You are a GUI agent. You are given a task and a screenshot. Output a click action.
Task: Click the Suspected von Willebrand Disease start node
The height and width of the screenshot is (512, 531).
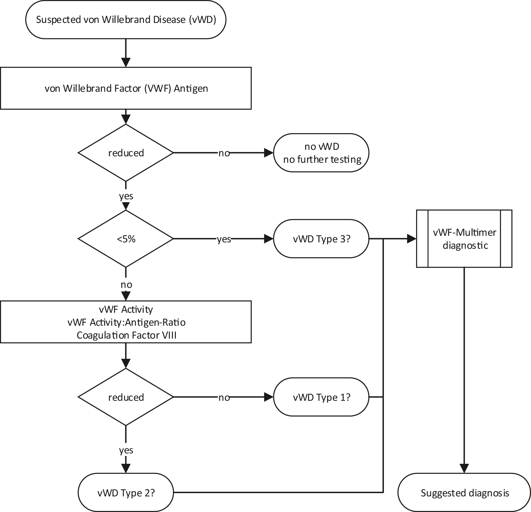click(126, 19)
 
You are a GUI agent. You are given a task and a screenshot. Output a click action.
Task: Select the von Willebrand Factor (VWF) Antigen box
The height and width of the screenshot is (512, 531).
click(126, 88)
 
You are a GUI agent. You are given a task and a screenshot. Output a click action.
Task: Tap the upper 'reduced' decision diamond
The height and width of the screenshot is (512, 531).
click(126, 153)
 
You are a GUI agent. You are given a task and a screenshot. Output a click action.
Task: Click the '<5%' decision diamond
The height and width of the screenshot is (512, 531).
click(126, 239)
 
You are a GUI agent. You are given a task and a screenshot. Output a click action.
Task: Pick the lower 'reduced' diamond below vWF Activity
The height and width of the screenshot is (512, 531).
click(126, 397)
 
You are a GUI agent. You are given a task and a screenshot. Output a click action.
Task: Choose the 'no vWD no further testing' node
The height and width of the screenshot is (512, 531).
click(321, 153)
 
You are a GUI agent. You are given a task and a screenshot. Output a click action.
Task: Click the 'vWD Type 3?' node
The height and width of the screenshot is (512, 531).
click(321, 239)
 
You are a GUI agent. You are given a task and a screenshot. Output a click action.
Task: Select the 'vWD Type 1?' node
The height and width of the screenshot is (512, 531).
click(321, 397)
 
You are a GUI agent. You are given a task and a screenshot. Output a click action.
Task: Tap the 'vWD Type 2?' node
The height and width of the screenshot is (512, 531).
click(126, 493)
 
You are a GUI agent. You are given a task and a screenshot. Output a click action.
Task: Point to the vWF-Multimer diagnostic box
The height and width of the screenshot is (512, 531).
click(464, 239)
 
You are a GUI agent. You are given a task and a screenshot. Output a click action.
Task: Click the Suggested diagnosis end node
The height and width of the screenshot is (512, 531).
click(465, 493)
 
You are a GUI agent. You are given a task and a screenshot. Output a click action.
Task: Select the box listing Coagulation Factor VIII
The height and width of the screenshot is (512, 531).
click(126, 322)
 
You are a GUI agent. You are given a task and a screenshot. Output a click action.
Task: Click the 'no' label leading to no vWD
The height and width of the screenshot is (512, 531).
click(224, 153)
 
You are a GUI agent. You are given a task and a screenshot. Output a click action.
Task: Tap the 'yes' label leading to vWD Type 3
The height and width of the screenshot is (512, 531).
click(224, 239)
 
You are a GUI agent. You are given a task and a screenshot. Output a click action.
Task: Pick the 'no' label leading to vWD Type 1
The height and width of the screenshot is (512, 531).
click(224, 397)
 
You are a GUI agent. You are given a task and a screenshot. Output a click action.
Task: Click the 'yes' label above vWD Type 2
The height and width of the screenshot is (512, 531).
click(126, 450)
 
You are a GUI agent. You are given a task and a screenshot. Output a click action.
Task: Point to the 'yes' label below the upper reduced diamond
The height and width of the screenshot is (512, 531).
click(126, 196)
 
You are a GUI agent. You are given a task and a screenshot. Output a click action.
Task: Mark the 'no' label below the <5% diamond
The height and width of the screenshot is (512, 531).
click(126, 285)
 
